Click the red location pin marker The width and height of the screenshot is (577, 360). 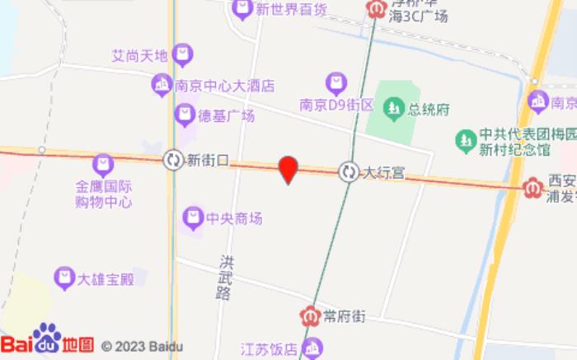click(x=288, y=169)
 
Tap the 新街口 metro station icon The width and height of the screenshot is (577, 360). click(x=173, y=159)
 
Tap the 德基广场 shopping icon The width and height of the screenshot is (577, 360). click(x=185, y=115)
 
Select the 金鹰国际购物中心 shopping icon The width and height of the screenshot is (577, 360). click(x=102, y=164)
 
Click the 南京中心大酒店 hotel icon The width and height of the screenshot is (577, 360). click(x=161, y=84)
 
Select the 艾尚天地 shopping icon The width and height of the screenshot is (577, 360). click(x=183, y=55)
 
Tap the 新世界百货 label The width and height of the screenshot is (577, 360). click(x=291, y=10)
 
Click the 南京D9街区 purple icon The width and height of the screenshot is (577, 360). click(x=335, y=82)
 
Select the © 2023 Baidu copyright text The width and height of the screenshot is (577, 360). click(x=142, y=346)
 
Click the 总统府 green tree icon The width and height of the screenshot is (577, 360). click(x=394, y=109)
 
